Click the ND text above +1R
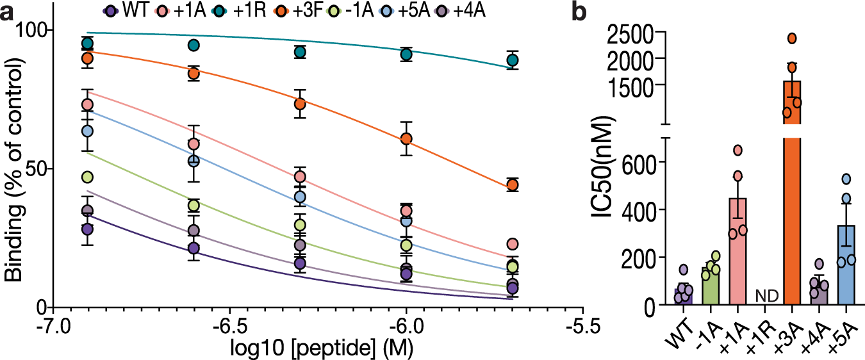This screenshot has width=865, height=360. [765, 296]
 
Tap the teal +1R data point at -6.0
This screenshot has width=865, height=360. [406, 54]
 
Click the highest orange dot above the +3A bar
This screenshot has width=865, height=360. [792, 38]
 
